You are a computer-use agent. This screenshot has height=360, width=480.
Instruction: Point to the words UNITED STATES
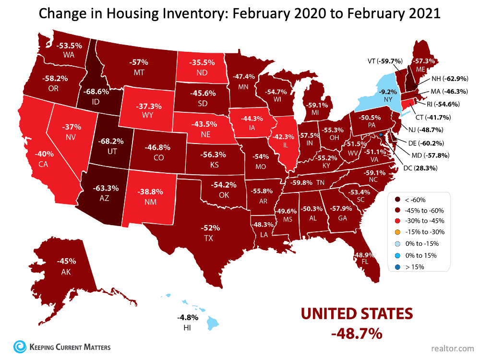click(357, 314)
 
